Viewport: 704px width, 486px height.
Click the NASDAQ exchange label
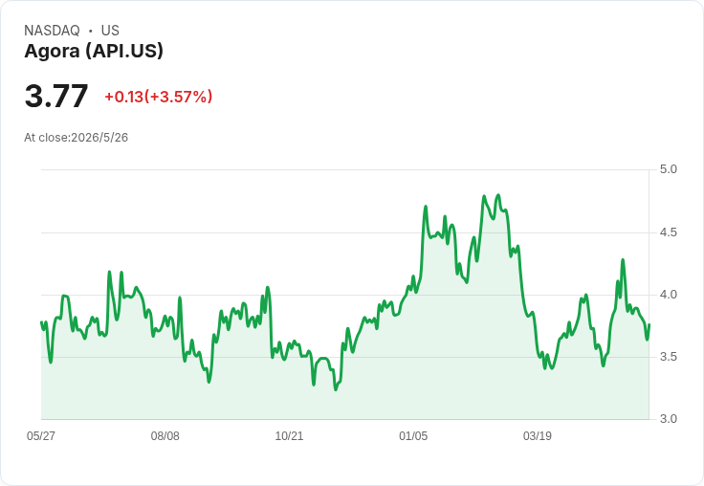[52, 31]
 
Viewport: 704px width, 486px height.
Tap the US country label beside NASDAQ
[110, 31]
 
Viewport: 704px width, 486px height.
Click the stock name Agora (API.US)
[94, 51]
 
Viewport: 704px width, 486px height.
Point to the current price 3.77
[56, 96]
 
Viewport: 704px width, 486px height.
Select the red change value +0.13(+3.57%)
[159, 97]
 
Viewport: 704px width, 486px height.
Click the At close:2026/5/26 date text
[76, 138]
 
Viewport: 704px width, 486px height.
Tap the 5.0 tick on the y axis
[668, 169]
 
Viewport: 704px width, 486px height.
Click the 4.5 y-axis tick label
[668, 232]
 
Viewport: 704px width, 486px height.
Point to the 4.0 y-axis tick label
[668, 295]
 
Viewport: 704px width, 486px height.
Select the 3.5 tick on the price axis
[668, 357]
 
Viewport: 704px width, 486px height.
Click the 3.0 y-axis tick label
[668, 419]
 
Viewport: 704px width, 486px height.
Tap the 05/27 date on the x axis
[41, 435]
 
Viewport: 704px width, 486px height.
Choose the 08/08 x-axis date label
[165, 435]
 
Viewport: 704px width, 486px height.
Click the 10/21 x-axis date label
[289, 435]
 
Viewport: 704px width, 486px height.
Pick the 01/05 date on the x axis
[413, 435]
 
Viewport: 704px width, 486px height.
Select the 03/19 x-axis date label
[538, 435]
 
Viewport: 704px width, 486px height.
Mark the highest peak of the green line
[498, 195]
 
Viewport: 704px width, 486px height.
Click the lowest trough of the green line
[336, 389]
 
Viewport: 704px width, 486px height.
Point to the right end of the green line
[649, 324]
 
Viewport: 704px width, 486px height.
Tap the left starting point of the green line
[41, 322]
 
